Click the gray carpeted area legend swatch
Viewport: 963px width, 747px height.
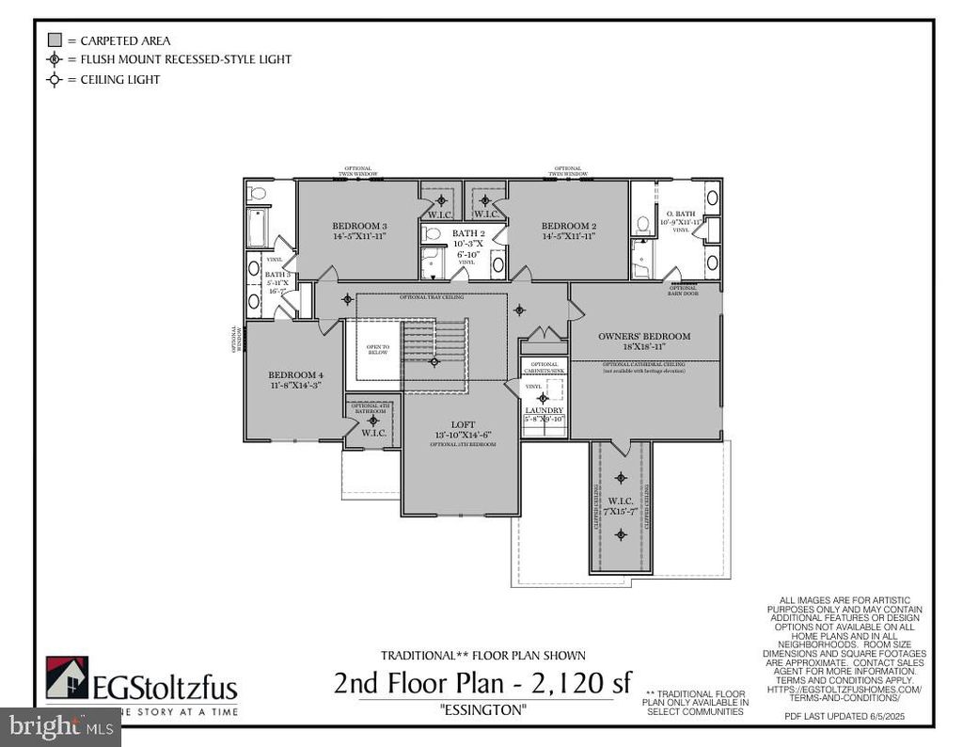click(x=55, y=40)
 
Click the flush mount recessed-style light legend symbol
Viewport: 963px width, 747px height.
click(x=55, y=59)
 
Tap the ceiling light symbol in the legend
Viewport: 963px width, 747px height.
click(x=55, y=80)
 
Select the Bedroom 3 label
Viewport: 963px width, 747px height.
click(x=359, y=226)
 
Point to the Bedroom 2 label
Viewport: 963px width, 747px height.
click(x=568, y=226)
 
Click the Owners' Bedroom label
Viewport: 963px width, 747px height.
click(x=644, y=336)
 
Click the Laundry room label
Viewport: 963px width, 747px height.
click(x=545, y=410)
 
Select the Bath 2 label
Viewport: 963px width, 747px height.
click(x=468, y=232)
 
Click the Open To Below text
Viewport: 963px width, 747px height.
click(x=377, y=349)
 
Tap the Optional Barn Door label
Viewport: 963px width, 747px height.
click(x=683, y=289)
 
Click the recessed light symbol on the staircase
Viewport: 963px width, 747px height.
click(x=434, y=361)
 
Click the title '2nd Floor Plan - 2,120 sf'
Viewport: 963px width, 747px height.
click(x=482, y=681)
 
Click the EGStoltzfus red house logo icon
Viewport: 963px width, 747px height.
click(x=67, y=677)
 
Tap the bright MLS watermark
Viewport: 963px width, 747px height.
click(x=60, y=727)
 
